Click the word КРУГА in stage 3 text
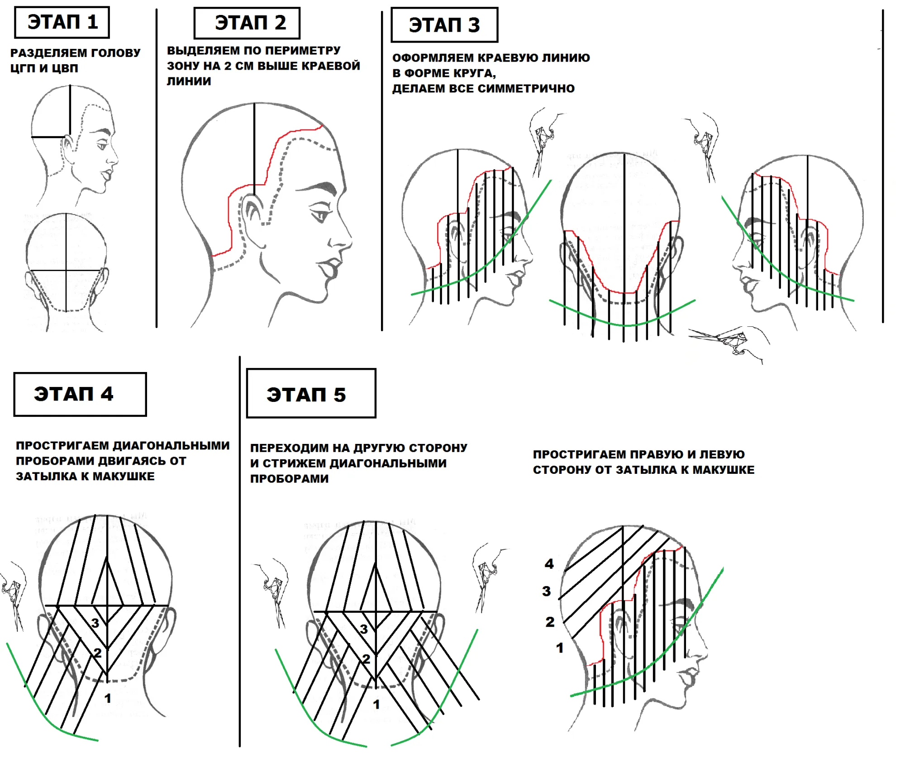(x=472, y=73)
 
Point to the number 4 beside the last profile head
(x=549, y=564)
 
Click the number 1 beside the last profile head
(x=560, y=648)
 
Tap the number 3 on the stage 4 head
(x=95, y=623)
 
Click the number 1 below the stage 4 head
(x=108, y=698)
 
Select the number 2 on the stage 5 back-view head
(x=366, y=659)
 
